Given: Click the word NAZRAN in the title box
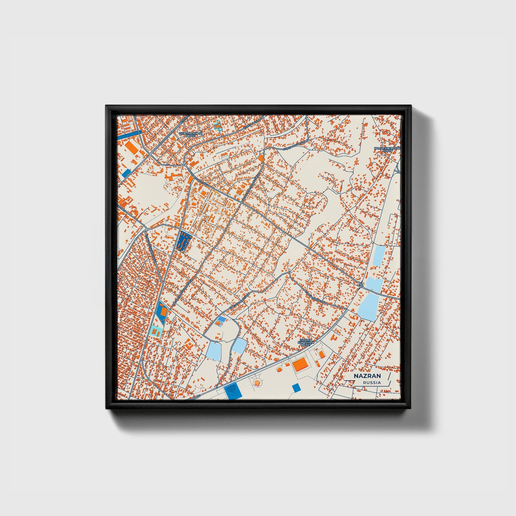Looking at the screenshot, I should pyautogui.click(x=367, y=376).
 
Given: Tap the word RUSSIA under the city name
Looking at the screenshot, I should pyautogui.click(x=372, y=382).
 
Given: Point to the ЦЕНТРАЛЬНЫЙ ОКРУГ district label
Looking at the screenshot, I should pyautogui.click(x=190, y=134).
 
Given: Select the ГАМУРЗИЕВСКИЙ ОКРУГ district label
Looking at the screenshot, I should pyautogui.click(x=387, y=149).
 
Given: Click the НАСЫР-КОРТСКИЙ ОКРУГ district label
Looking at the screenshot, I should pyautogui.click(x=306, y=343).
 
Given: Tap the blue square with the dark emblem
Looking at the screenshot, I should pyautogui.click(x=234, y=392).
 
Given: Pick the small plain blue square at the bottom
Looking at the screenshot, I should pyautogui.click(x=296, y=388).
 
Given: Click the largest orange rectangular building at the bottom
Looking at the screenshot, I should pyautogui.click(x=301, y=365).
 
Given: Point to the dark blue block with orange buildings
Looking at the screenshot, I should pyautogui.click(x=184, y=242).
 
